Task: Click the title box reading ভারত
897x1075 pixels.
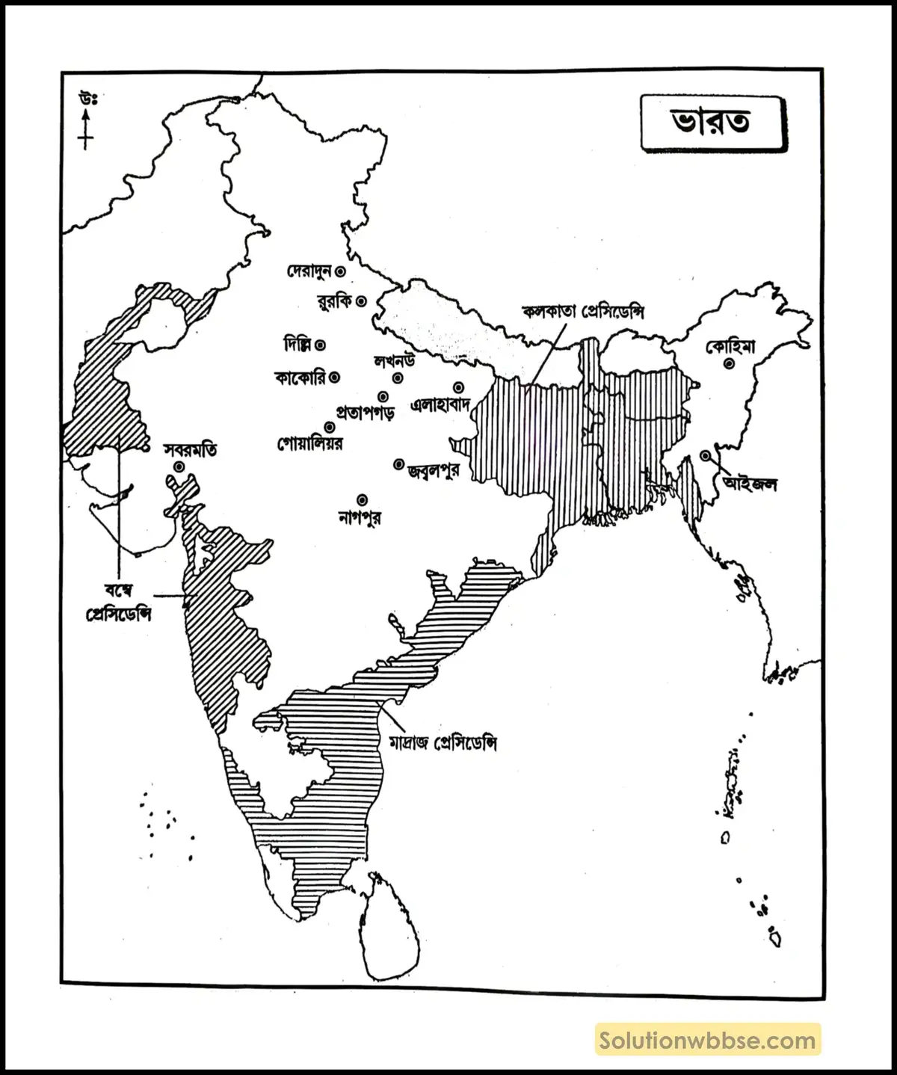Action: pos(711,122)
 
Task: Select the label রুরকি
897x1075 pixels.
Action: pos(333,302)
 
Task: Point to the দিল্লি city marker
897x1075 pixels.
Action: pos(320,345)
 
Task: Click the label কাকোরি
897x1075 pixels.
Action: pos(300,378)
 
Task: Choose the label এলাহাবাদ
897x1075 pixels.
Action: pos(440,405)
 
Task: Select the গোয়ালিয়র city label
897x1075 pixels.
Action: pos(309,444)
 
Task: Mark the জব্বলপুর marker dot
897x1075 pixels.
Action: pos(398,464)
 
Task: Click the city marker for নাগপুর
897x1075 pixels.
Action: pos(363,499)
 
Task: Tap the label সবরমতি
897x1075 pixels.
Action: pos(191,450)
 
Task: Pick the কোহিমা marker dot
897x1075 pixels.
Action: pos(727,364)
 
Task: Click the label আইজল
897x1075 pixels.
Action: pos(750,484)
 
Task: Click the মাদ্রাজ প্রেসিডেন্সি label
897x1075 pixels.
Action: pos(443,743)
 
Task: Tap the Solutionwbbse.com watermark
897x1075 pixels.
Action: pos(707,1040)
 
